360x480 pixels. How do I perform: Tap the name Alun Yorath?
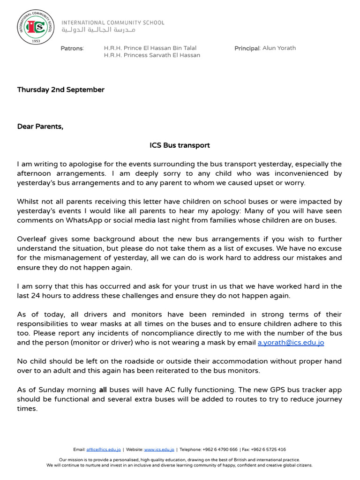point(279,48)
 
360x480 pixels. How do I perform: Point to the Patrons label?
point(72,48)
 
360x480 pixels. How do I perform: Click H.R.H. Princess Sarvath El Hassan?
point(152,55)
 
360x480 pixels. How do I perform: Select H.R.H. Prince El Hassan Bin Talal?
point(150,48)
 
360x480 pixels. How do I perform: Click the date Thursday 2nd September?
point(61,90)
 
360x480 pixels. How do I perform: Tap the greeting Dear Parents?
point(40,127)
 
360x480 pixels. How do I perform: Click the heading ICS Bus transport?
point(180,145)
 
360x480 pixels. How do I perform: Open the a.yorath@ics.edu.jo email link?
point(291,343)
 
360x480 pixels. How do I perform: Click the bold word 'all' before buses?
point(103,390)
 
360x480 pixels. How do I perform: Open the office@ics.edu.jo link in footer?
point(104,450)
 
